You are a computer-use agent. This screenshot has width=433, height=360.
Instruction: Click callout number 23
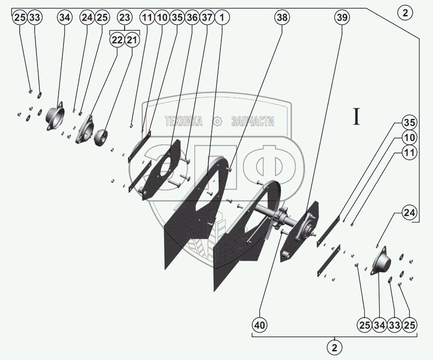coord(125,18)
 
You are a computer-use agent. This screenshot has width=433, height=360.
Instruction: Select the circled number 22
coord(117,40)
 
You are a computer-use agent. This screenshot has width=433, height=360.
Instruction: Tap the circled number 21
coord(132,40)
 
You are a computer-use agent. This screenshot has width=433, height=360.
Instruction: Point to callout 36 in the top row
coord(192,18)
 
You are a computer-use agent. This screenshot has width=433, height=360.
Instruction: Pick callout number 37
coord(207,18)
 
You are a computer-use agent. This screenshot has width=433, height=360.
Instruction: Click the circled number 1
coord(222,18)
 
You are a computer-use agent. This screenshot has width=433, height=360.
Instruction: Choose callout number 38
coord(282,18)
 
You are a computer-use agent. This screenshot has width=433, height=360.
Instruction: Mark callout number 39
coord(342,18)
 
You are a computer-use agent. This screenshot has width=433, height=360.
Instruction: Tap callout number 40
coord(260,325)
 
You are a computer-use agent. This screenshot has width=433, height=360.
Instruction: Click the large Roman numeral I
coord(357,117)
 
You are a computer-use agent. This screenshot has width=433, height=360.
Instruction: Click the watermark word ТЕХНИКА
coord(184,121)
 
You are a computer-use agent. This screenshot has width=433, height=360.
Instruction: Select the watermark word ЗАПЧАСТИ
coord(253,121)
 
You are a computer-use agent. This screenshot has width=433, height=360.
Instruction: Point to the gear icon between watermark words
coord(217,121)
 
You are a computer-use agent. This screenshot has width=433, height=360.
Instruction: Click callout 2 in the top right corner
coord(405,13)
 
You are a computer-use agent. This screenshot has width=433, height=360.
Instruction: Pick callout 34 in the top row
coord(64,18)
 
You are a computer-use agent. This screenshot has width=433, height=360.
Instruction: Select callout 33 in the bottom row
coord(394,325)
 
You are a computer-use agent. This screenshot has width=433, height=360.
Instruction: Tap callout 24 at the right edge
coord(409,213)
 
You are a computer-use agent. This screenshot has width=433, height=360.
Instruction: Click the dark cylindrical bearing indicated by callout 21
coord(101,138)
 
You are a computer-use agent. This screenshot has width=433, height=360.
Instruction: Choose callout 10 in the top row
coord(162,18)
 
